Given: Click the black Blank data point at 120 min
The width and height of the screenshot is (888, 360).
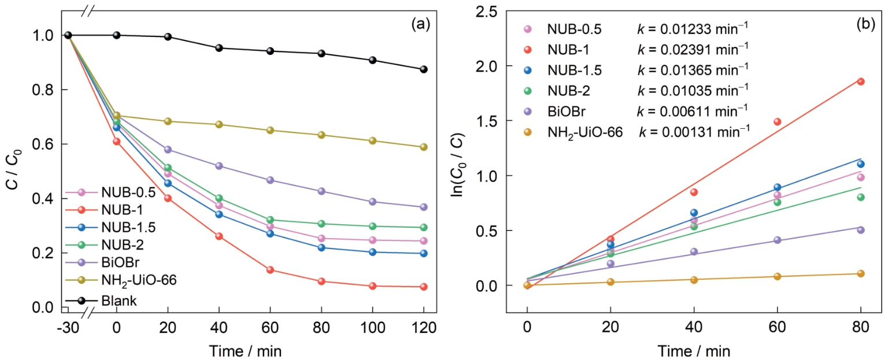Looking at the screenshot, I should pos(423,69).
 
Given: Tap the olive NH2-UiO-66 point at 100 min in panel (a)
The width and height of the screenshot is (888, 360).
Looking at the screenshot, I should pos(372,140).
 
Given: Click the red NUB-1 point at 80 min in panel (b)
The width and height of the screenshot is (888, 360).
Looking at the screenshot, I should pos(861,81).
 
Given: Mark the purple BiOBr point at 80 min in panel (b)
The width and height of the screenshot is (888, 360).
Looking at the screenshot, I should pos(861,230).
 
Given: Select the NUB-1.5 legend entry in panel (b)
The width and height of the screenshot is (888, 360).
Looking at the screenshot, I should pos(575,70).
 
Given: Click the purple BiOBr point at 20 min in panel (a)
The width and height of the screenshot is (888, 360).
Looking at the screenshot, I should pos(168,150).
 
